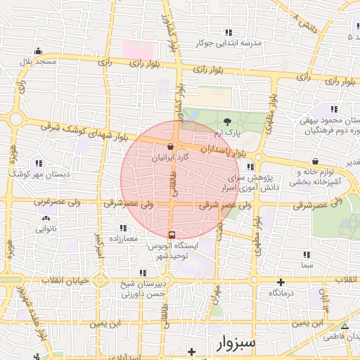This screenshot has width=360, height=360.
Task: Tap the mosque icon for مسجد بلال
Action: pos(37,51)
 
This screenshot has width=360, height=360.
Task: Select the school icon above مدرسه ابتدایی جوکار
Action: pos(228,32)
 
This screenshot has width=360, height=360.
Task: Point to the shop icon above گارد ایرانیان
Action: pos(170,147)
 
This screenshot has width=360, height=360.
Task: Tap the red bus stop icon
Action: pos(172,234)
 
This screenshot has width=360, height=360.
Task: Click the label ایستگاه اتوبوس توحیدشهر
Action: pos(173,251)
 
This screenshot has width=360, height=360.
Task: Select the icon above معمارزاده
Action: pos(123,229)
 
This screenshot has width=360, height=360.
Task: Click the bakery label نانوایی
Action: pos(44,229)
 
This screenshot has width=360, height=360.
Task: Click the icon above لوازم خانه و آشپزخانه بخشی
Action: pos(315,160)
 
